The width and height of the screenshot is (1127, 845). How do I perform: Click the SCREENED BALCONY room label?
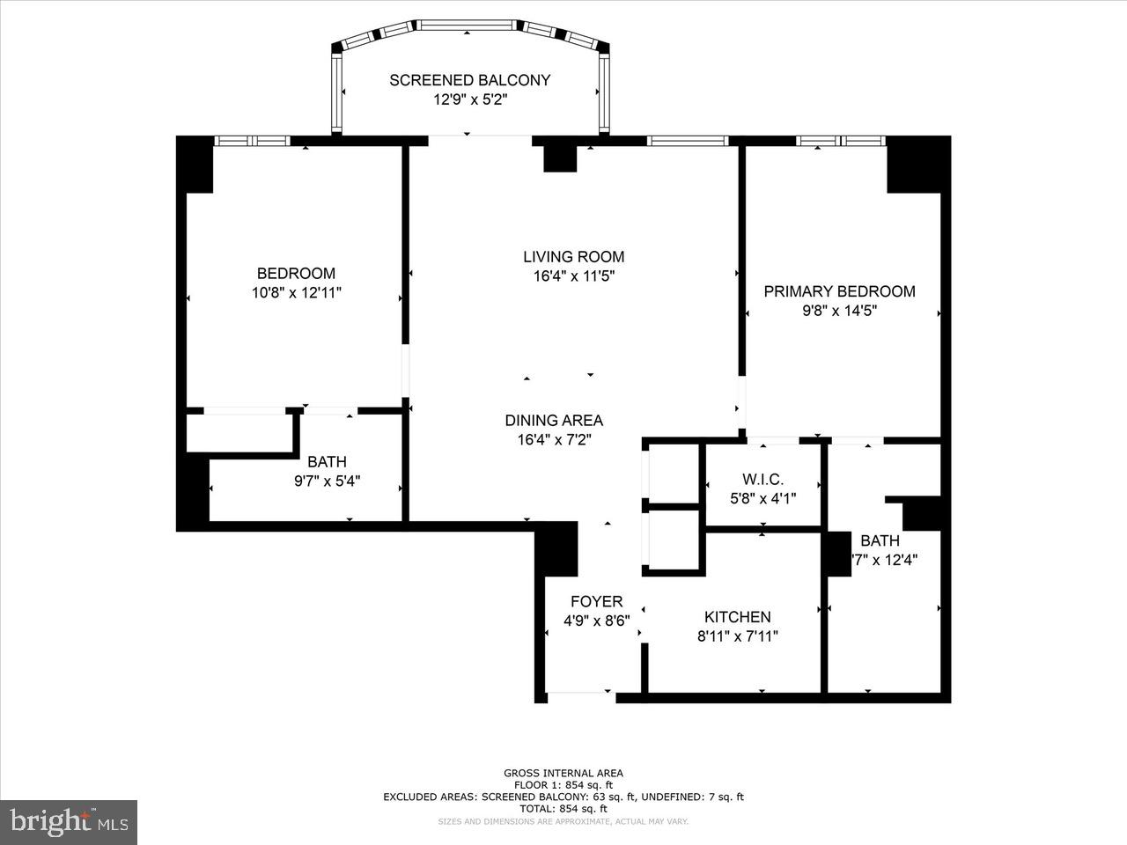pos(469,80)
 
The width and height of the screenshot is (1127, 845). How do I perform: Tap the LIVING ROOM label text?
pos(573,257)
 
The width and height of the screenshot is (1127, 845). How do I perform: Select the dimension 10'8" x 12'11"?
pos(296,292)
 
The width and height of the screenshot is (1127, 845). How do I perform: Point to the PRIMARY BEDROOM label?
pos(839,291)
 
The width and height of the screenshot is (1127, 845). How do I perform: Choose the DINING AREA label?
pos(554,421)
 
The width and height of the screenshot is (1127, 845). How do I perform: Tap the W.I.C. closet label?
pos(762,480)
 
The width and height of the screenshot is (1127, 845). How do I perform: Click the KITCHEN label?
pos(737,617)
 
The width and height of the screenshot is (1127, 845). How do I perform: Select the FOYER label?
pos(596,602)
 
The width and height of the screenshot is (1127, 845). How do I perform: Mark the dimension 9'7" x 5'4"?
pos(327,481)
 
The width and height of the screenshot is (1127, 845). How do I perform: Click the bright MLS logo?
pos(68,822)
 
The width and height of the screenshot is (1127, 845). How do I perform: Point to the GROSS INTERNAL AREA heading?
pos(563,773)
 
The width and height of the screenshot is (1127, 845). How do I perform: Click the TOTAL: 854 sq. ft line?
pos(563,808)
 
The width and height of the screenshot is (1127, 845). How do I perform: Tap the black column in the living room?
pos(559,158)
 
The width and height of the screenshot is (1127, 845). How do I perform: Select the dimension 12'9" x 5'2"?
pos(469,99)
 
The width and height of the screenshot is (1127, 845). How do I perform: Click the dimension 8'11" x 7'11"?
pos(737,636)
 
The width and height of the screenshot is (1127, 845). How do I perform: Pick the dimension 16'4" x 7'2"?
pos(554,440)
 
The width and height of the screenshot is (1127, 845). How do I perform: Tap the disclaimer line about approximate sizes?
pos(563,821)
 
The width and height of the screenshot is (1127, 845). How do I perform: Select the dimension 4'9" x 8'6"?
pos(596,621)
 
